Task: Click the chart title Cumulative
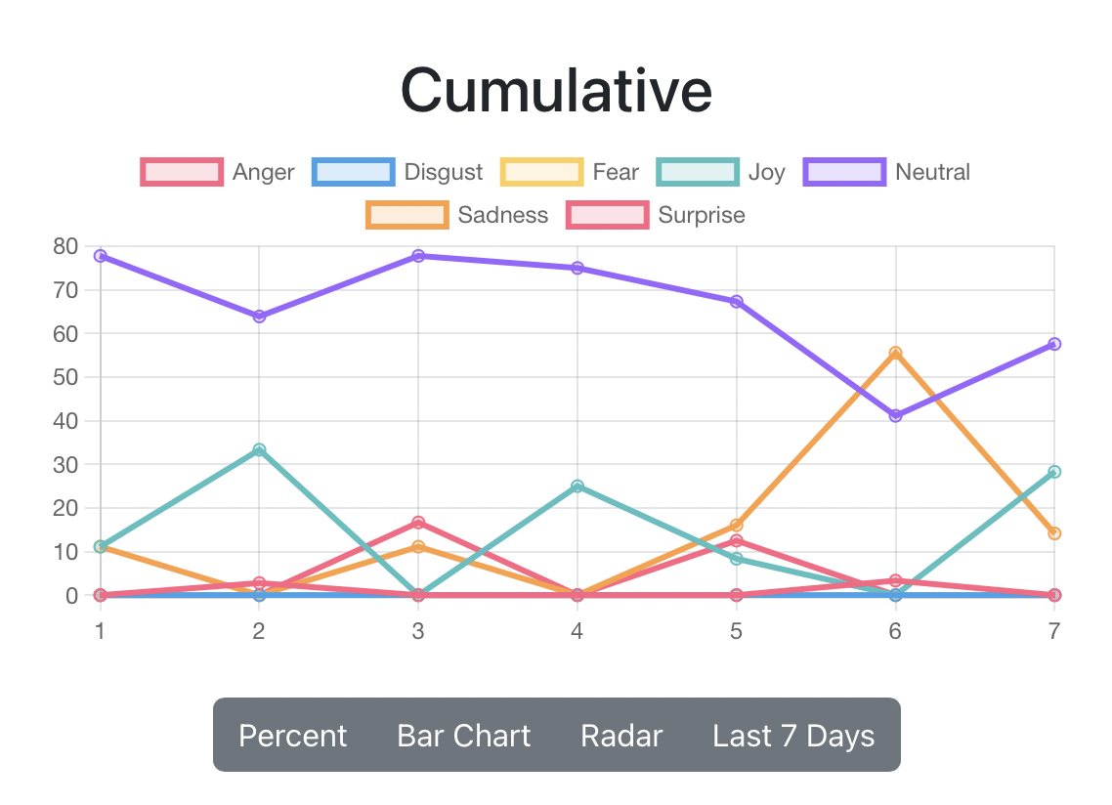(x=556, y=90)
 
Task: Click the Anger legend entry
(x=218, y=172)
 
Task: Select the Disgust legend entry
(x=398, y=172)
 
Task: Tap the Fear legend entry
(x=570, y=172)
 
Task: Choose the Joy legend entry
(x=721, y=172)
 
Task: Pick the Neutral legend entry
(x=887, y=172)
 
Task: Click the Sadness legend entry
(x=457, y=215)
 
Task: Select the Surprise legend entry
(x=656, y=215)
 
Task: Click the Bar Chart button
(x=464, y=736)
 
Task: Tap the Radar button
(x=621, y=736)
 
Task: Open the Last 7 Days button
(x=793, y=736)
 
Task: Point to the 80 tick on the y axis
(x=66, y=246)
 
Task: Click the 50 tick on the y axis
(x=66, y=377)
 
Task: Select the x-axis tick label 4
(x=577, y=632)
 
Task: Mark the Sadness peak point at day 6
(x=895, y=353)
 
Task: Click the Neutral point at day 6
(x=895, y=416)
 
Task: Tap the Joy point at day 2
(x=259, y=449)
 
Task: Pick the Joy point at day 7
(x=1054, y=472)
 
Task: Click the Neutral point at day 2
(x=259, y=317)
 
